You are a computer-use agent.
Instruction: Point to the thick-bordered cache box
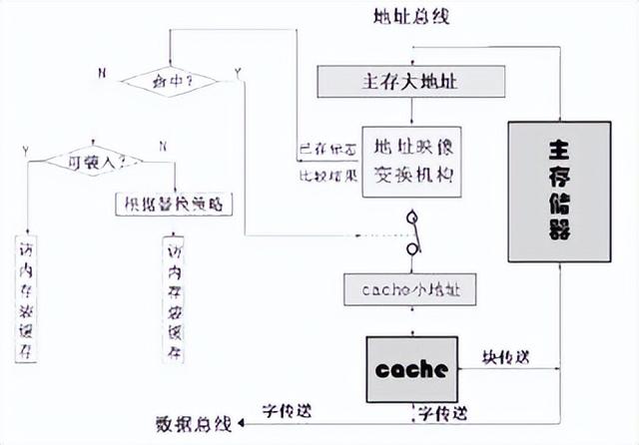pyautogui.click(x=411, y=366)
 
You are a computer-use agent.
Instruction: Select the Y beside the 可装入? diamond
pyautogui.click(x=26, y=150)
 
